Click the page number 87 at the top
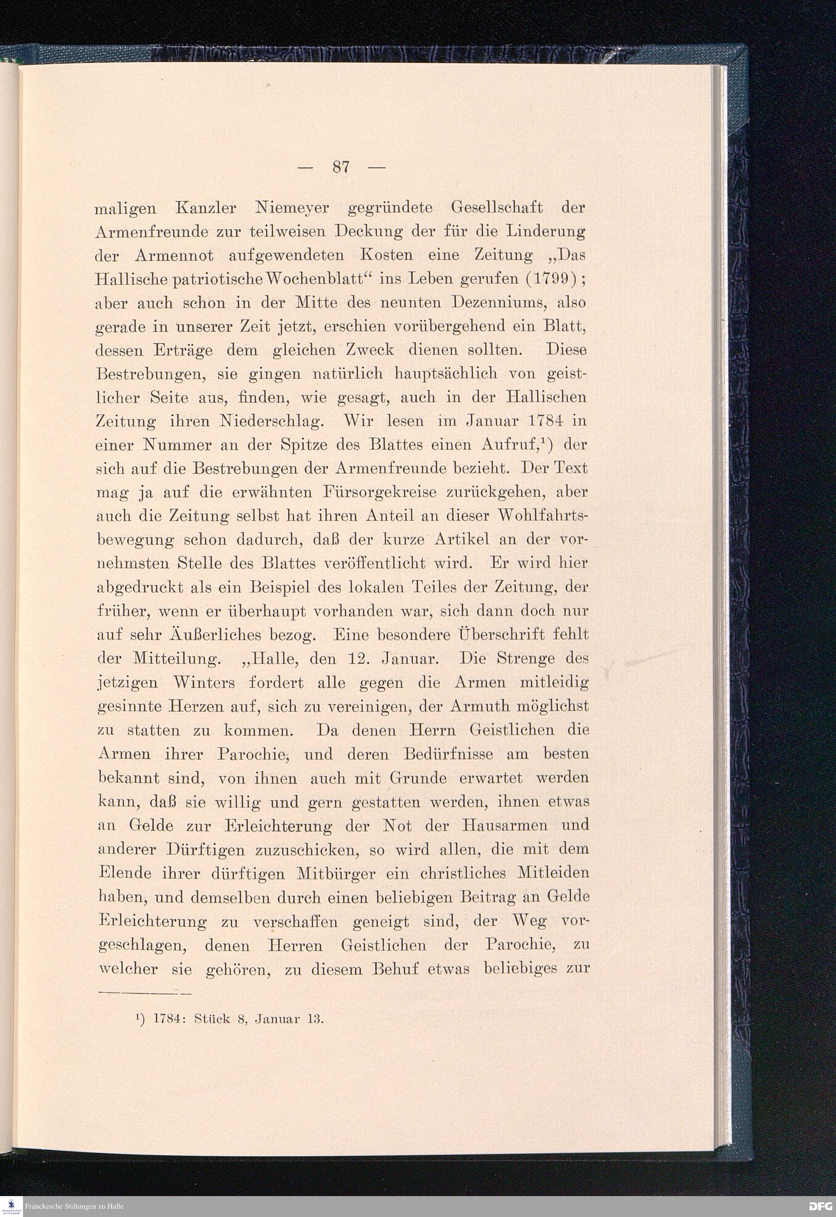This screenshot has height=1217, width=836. click(x=341, y=167)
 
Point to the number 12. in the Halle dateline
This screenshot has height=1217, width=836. click(x=357, y=659)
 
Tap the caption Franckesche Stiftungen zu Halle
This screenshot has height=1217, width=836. click(x=74, y=1207)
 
